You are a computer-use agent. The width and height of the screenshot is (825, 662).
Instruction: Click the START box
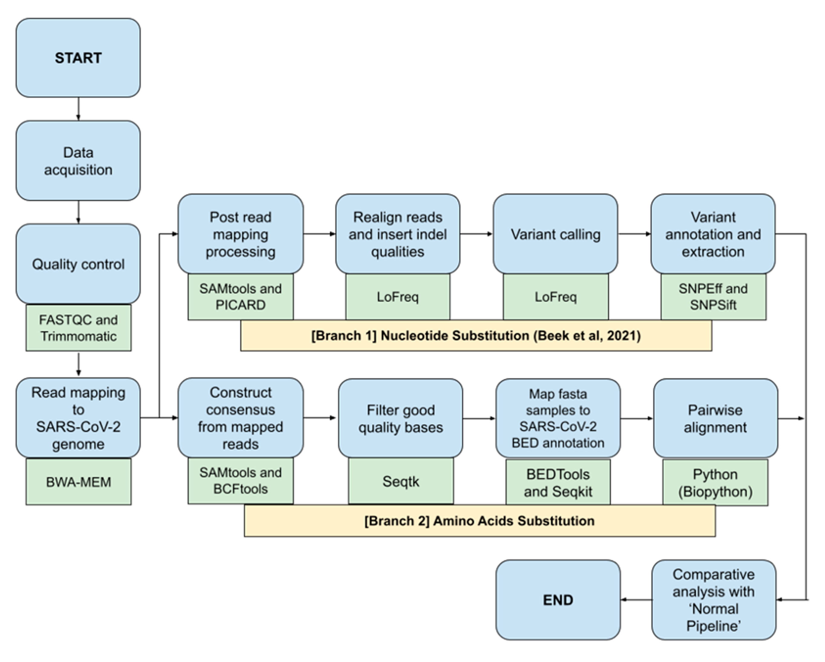coord(78,58)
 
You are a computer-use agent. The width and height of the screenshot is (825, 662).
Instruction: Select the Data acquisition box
coord(78,161)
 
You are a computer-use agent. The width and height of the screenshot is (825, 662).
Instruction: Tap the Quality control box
coord(78,264)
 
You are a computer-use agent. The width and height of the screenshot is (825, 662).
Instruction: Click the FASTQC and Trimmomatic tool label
coord(79,328)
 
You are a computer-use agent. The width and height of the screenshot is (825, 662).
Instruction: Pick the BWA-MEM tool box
coord(79,482)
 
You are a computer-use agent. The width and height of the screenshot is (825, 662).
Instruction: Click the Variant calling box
coord(555,234)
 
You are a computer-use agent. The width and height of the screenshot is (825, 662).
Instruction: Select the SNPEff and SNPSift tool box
coord(713,297)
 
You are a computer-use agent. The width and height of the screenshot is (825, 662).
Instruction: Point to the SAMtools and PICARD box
coord(240,297)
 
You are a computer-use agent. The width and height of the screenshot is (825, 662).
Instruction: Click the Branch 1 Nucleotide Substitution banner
coord(476,336)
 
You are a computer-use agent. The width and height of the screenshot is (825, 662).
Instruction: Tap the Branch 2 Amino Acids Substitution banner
coord(480,521)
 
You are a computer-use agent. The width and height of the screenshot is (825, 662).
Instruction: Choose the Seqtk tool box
coord(401,481)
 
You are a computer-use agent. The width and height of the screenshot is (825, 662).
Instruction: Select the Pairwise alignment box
coord(715,418)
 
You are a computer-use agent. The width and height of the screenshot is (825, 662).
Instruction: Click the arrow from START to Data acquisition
coord(79,109)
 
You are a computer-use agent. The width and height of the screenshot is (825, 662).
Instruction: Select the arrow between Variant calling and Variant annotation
coord(634,234)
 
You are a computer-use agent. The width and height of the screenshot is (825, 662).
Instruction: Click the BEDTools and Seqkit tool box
coord(558,483)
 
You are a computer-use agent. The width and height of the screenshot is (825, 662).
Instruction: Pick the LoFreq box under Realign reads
coord(398,297)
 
